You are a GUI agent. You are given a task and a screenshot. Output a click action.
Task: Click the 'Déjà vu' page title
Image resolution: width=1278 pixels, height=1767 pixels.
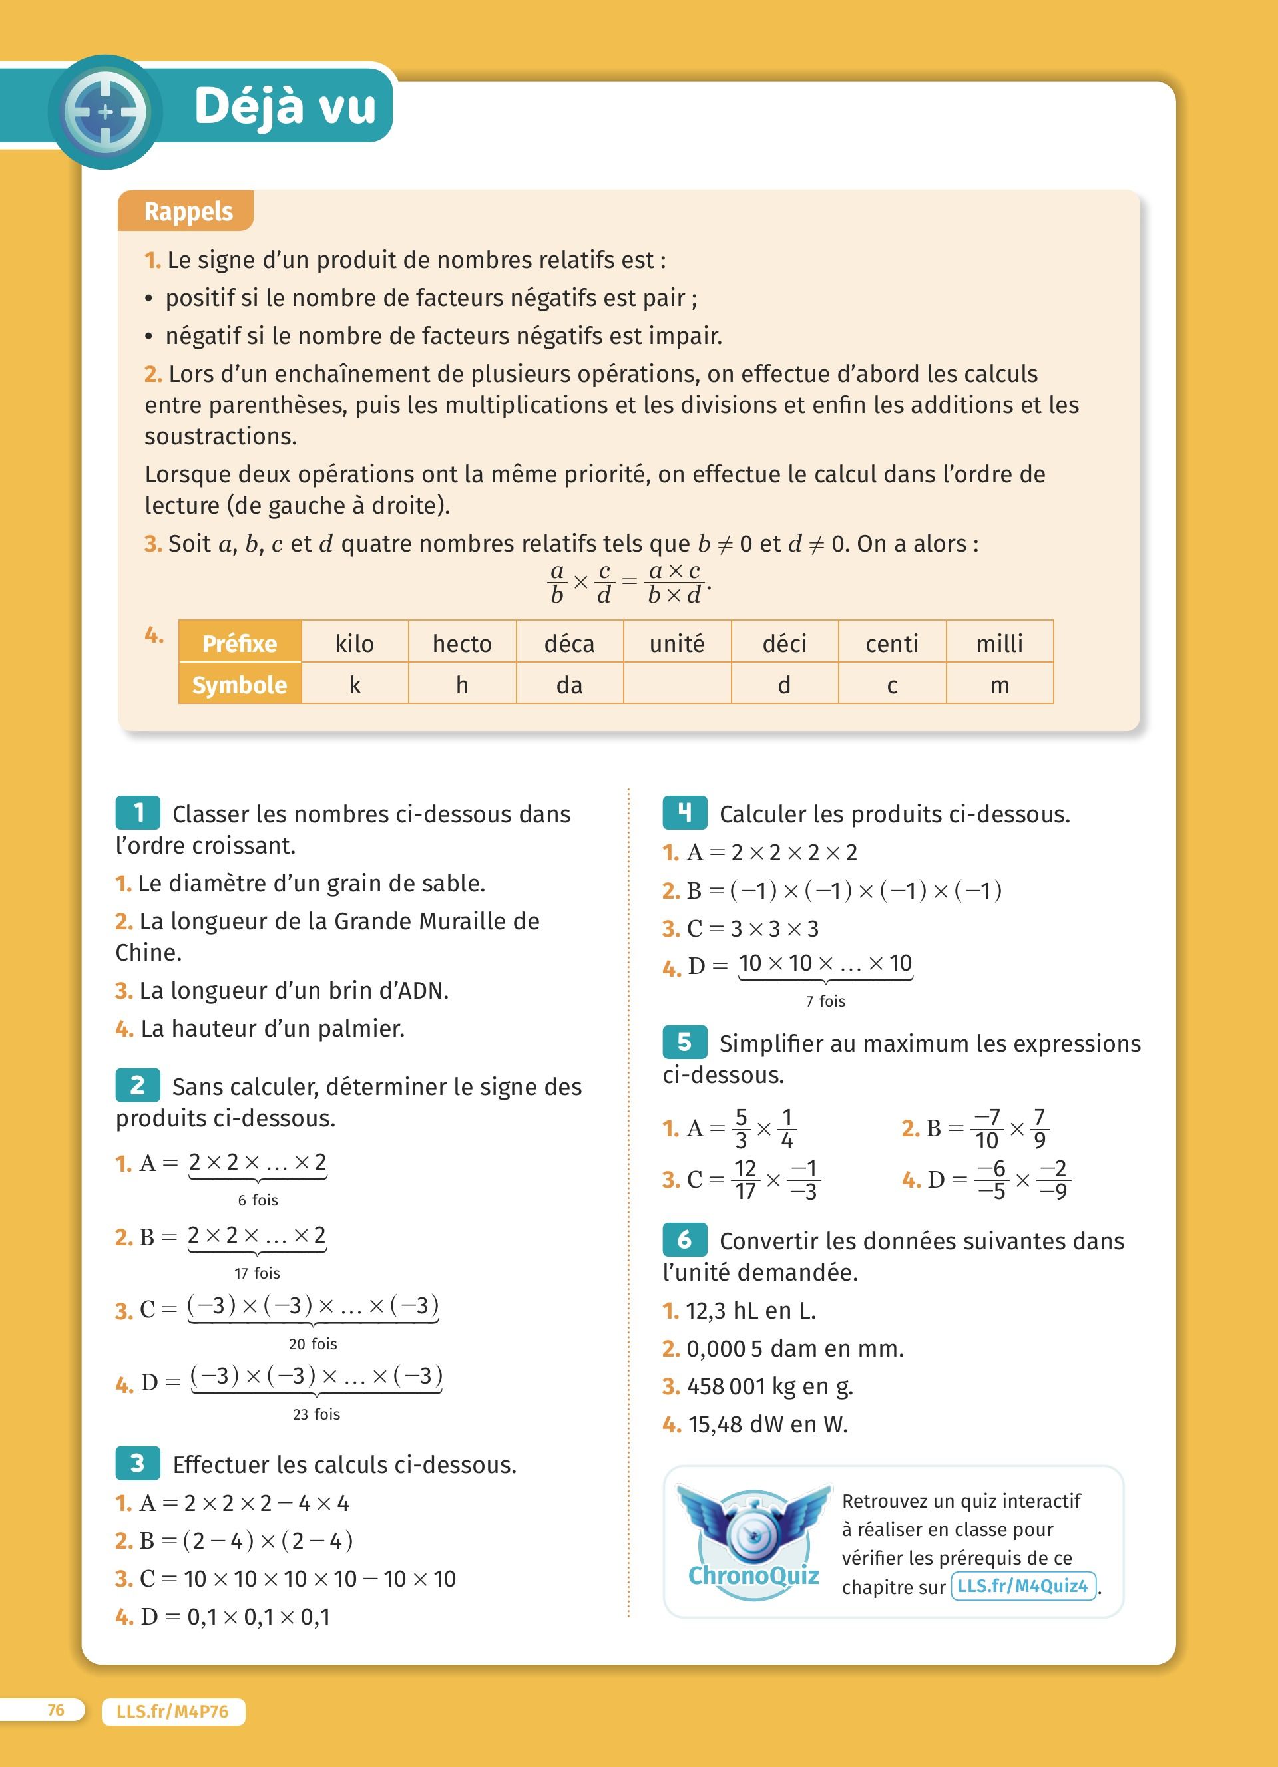pos(284,106)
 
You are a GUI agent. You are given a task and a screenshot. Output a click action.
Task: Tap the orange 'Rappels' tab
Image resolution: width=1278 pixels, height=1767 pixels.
pos(188,211)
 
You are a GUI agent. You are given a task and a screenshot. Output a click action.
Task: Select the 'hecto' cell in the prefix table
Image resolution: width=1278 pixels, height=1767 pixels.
pos(462,643)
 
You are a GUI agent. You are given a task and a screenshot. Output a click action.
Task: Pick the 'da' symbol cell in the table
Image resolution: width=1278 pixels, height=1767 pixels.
pos(569,684)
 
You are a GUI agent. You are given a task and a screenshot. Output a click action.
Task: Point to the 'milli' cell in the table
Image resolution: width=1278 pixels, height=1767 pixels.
pos(999,643)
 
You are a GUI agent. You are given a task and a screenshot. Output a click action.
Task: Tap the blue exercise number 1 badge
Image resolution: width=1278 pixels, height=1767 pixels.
pos(138,812)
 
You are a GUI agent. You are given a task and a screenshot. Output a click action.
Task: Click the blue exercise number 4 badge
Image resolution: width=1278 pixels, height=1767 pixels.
pos(684,812)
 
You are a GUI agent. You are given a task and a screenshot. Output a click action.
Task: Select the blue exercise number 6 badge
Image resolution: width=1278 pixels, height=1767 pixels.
pos(684,1239)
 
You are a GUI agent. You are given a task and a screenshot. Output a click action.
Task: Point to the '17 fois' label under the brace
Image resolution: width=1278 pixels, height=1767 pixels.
pos(257,1273)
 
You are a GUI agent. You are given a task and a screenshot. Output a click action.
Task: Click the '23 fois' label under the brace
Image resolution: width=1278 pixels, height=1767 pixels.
pos(316,1414)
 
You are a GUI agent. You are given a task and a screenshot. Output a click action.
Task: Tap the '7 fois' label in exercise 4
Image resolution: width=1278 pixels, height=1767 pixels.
pos(825,1001)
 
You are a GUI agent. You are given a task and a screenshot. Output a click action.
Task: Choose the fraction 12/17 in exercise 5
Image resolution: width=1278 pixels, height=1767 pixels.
pos(745,1180)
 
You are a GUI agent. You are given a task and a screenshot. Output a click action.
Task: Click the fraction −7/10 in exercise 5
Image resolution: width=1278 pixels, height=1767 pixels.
pos(986,1128)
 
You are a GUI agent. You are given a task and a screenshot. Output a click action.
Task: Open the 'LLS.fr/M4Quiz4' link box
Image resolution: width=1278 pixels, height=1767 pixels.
pos(1022,1586)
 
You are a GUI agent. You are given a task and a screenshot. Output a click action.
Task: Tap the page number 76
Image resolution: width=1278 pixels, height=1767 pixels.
pos(55,1710)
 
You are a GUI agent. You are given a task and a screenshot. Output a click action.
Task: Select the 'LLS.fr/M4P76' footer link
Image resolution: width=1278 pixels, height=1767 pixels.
pos(172,1712)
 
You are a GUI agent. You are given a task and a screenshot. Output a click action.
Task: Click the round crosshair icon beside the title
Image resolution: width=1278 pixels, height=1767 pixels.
pos(105,111)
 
